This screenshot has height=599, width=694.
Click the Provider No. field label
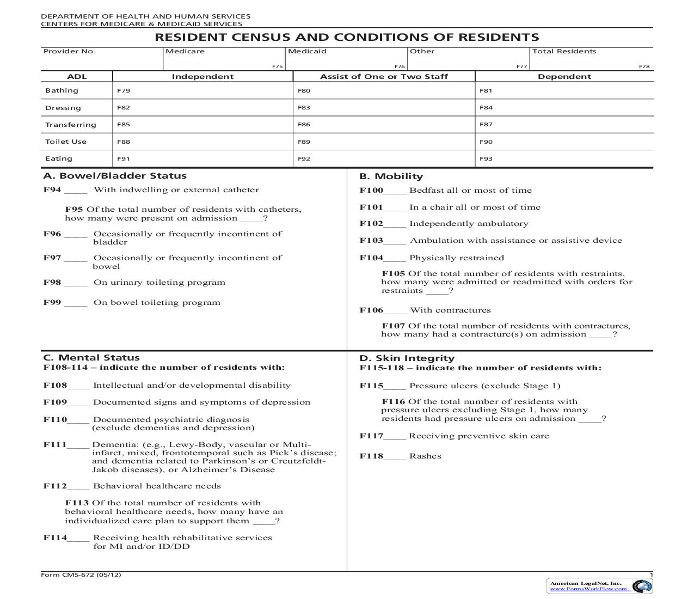pos(69,51)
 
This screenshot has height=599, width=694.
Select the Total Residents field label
pos(564,51)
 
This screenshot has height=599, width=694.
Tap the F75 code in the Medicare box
pos(277,66)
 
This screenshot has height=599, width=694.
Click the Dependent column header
pos(564,77)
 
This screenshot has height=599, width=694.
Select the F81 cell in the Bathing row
pos(486,91)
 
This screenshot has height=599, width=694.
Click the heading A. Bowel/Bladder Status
pos(115,176)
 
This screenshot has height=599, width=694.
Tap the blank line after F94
pos(76,191)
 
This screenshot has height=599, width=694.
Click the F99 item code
pos(52,302)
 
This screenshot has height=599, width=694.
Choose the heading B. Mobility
pos(391,176)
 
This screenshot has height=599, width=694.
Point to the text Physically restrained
pos(457,258)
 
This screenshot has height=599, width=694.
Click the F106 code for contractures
pos(371,310)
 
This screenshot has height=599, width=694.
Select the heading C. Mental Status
pos(91,358)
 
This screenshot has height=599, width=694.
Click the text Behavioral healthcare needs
pos(157,486)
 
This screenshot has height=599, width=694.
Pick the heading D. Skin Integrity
pos(407,358)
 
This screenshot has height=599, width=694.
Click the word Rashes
pos(425,456)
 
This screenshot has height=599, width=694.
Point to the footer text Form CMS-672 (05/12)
pos(81,574)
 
